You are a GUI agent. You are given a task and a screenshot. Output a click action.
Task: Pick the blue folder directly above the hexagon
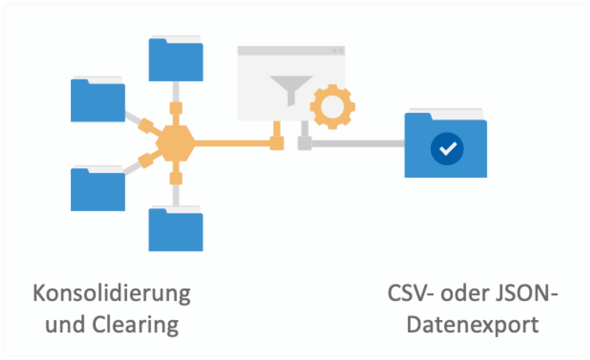click(x=176, y=59)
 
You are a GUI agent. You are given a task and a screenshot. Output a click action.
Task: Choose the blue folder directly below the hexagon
click(x=176, y=229)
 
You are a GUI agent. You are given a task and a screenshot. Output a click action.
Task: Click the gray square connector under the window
click(x=304, y=143)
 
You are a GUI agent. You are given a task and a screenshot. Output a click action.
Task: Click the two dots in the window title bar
click(x=337, y=51)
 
